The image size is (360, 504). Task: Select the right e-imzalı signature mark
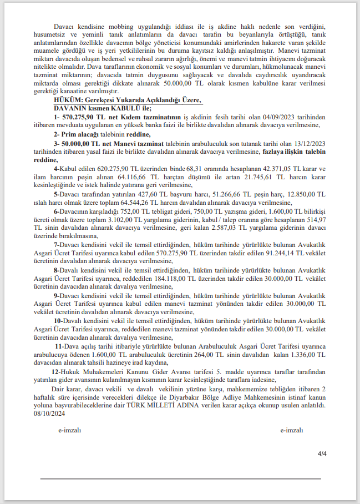[291, 430]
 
